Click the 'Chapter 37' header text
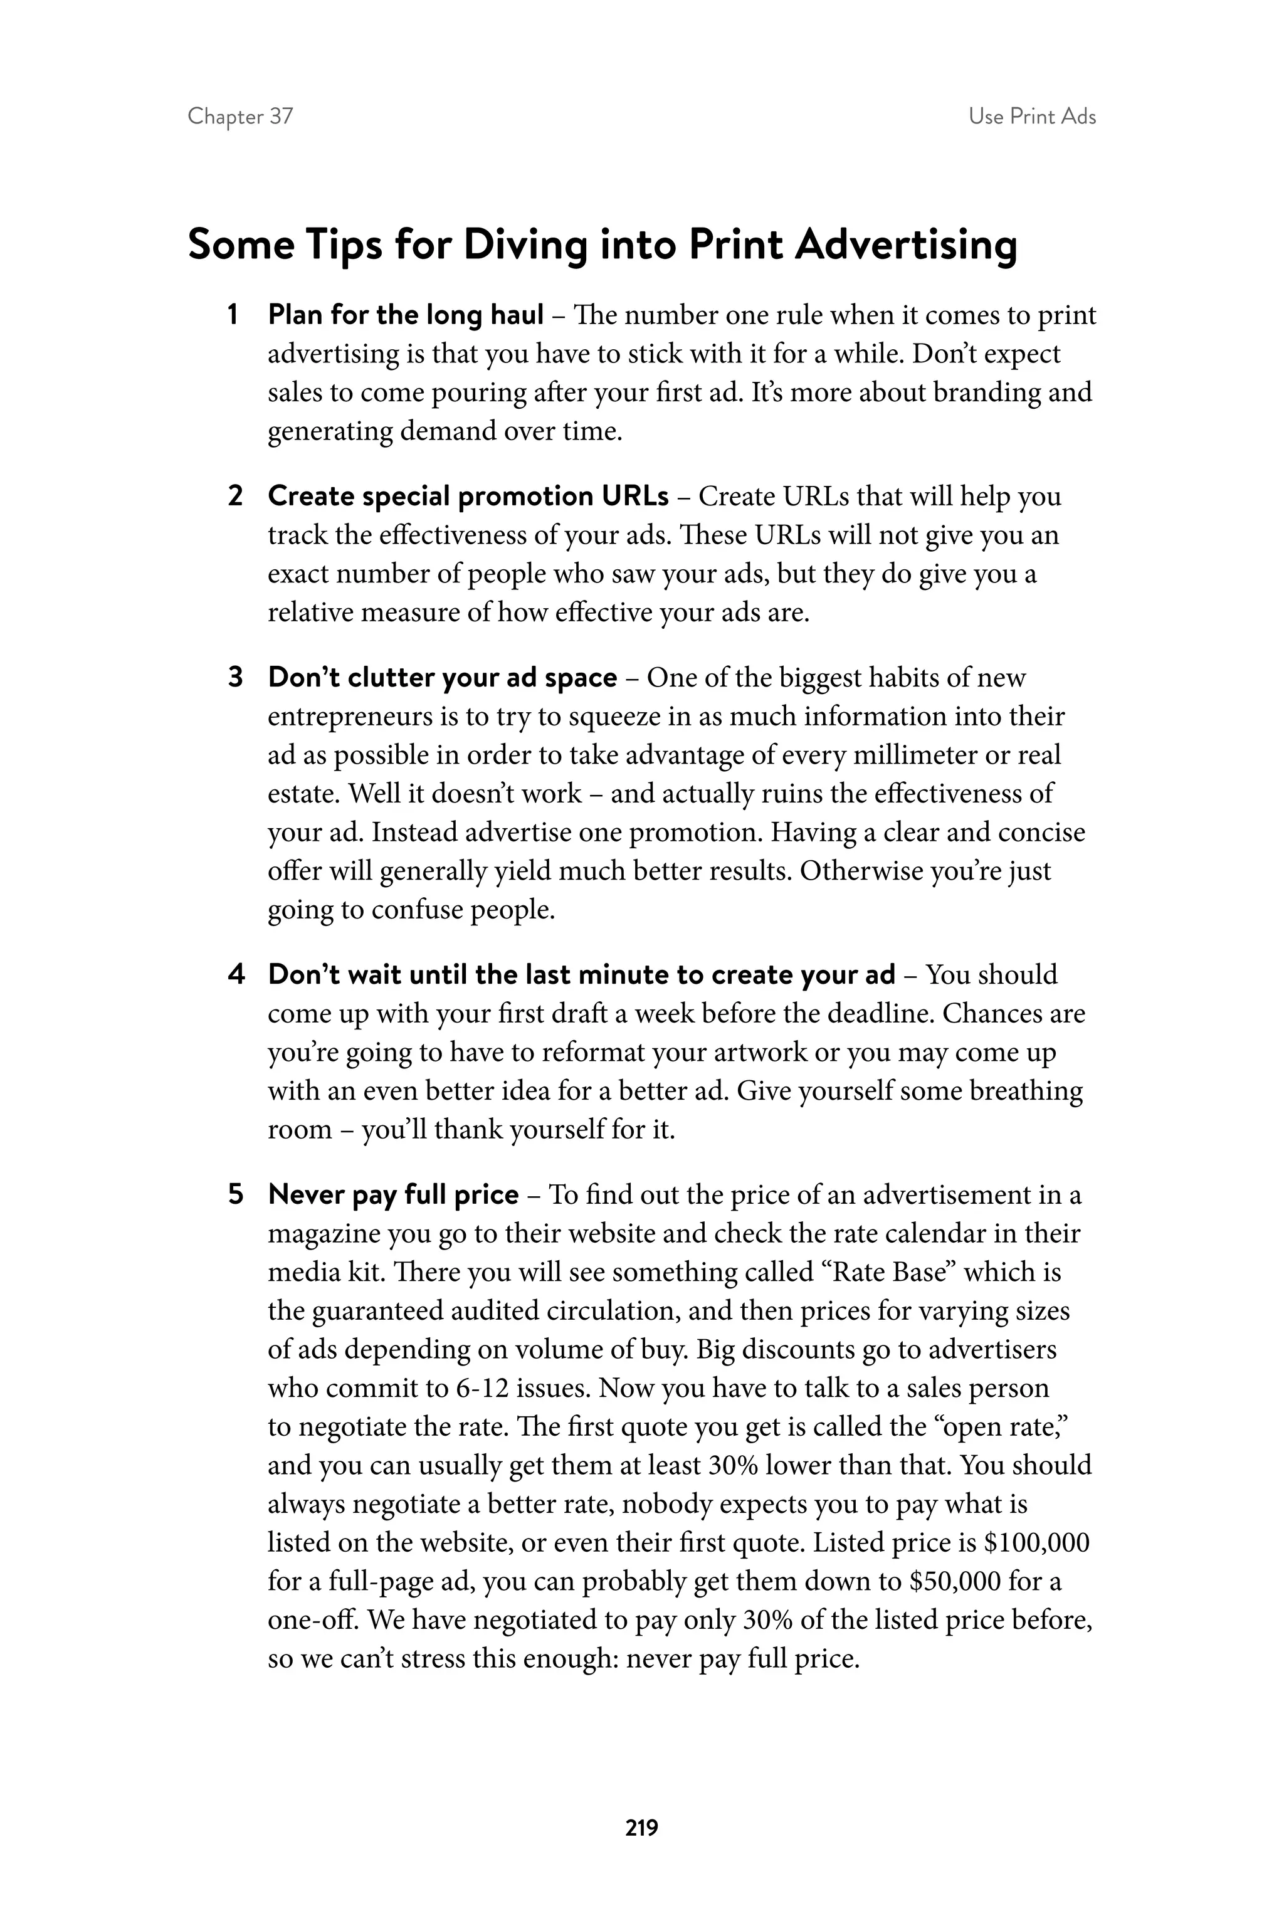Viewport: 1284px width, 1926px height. tap(240, 116)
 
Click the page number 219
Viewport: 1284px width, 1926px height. tap(641, 1827)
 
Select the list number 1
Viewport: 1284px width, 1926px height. tap(233, 315)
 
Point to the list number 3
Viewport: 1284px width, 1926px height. tap(235, 677)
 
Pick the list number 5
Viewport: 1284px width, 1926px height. tap(235, 1195)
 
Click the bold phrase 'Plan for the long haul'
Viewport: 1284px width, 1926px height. tap(406, 315)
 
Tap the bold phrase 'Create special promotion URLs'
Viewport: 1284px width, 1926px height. tap(468, 497)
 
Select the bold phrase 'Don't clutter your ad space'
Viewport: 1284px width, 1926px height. tap(442, 677)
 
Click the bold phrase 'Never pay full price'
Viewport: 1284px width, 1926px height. tap(393, 1195)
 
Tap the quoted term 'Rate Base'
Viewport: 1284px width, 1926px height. tap(891, 1271)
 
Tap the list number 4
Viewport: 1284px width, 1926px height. tap(235, 974)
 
